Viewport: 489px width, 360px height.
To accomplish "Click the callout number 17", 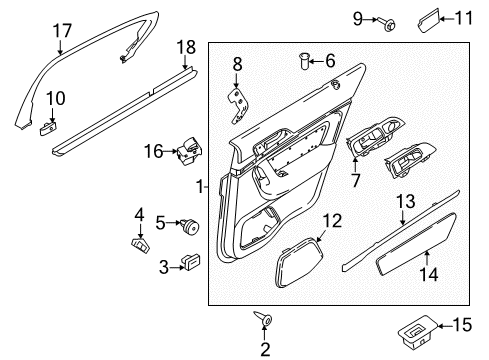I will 62,31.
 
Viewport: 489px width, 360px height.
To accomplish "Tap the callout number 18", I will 186,48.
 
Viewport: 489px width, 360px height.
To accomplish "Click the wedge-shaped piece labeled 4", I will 140,242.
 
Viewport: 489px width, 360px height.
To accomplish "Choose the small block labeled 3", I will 190,264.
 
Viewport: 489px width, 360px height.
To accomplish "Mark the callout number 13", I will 404,203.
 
